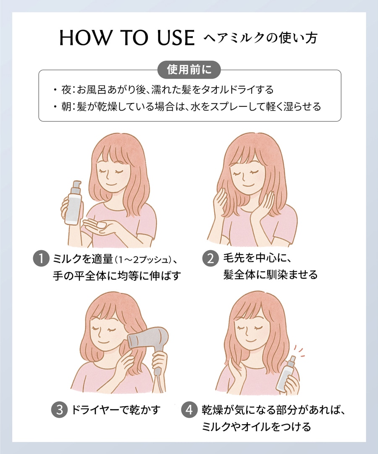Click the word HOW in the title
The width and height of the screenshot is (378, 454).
point(85,38)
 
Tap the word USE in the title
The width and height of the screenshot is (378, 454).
point(176,38)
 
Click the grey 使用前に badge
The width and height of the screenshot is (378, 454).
point(189,70)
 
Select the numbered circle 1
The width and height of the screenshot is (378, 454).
point(41,258)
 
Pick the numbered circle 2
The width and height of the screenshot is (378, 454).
point(210,258)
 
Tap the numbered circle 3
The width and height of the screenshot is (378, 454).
point(59,410)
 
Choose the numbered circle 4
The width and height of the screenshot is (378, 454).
point(189,410)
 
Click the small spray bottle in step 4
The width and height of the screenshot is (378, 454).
point(287,375)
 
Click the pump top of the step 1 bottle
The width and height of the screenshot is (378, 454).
point(77,186)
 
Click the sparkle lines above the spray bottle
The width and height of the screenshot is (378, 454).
point(299,351)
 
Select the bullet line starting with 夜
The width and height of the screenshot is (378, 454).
point(163,90)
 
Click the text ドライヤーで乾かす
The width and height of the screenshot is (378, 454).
point(115,410)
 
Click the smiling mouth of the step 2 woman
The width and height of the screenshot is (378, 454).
point(248,185)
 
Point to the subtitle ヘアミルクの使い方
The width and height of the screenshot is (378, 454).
point(260,38)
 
